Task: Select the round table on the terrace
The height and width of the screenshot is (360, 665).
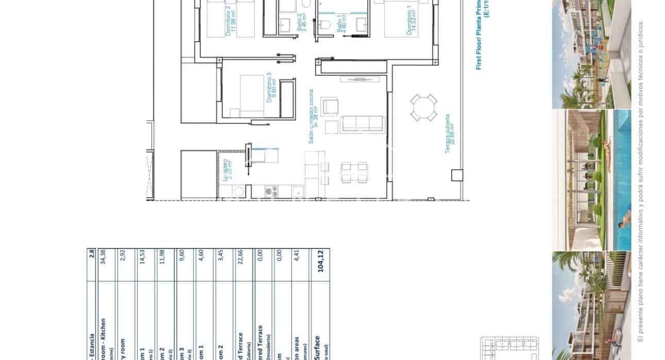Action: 424,107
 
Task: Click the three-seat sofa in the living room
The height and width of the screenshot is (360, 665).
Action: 363,124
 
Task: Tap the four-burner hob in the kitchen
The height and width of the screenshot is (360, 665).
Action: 271,192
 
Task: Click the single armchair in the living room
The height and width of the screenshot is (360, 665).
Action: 330,107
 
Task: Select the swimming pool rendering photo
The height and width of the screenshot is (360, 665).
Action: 591,179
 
